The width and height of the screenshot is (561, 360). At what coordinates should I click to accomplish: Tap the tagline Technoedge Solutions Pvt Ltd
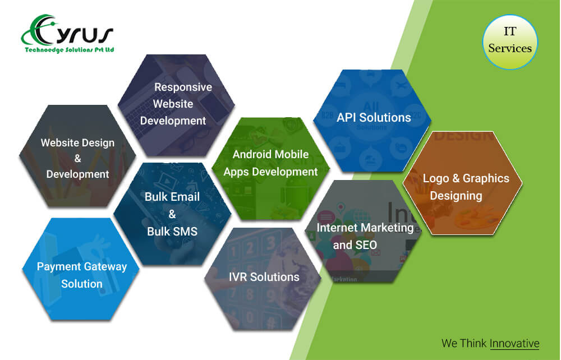(70, 50)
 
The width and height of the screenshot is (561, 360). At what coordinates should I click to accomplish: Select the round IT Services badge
(510, 42)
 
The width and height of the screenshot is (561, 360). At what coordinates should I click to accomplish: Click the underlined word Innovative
(514, 343)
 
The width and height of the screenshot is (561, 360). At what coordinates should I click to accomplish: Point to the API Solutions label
(374, 117)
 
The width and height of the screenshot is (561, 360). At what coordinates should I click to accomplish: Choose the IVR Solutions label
(264, 276)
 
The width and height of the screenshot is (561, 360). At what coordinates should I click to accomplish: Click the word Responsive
(183, 87)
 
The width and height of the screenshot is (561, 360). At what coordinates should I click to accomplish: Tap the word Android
(251, 154)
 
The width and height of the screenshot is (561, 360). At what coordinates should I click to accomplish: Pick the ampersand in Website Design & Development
(77, 158)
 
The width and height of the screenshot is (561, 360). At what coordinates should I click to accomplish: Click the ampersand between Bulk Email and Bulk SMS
(172, 214)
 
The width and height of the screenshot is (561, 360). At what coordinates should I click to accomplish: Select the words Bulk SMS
(172, 231)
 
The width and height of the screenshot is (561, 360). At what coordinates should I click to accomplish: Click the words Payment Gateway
(82, 267)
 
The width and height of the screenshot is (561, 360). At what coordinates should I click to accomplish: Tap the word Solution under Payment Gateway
(81, 284)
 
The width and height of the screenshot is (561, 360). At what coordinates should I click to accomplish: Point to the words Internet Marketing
(365, 228)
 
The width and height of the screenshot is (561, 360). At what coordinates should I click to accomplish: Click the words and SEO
(355, 245)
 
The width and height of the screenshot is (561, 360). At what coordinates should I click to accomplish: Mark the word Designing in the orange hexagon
(456, 196)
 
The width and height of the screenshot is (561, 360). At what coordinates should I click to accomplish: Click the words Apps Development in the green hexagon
(270, 172)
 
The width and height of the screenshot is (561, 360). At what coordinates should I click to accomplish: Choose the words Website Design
(77, 142)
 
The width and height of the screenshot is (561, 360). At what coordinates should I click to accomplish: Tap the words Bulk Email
(172, 197)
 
